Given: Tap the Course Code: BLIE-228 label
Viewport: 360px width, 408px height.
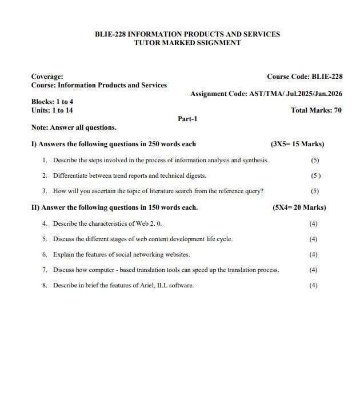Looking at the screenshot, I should pos(304,77).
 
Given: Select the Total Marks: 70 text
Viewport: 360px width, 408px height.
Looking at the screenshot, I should pos(316,110).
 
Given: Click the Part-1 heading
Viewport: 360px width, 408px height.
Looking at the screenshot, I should pos(187,119).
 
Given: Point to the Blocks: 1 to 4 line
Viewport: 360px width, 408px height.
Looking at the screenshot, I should pos(52,102).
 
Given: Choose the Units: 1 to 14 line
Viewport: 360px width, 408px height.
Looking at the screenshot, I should pos(52,110).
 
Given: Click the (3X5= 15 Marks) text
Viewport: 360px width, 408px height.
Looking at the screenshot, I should pos(297,144).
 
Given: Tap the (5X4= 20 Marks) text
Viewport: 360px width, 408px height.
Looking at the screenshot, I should pos(299,207).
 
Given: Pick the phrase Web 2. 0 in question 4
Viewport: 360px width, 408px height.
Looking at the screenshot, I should pos(147,223).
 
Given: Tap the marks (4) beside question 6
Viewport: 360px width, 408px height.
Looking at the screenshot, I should pos(313,254).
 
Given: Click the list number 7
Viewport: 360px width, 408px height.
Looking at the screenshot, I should pos(44,270).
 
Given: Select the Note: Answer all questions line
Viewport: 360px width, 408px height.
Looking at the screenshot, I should pos(74,127).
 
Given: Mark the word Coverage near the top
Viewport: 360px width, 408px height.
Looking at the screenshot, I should pos(47,77).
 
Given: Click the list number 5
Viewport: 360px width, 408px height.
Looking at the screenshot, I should pos(44,239).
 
